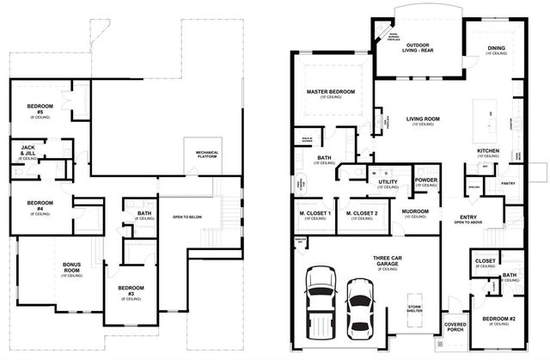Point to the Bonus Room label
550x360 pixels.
pos(71,268)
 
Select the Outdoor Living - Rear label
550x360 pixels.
pos(419,47)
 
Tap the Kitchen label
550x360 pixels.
pos(488,151)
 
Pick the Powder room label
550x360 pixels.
pos(426,181)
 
